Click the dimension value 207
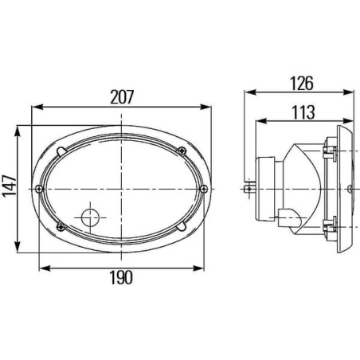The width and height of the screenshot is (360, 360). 122,97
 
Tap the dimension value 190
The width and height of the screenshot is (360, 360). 121,278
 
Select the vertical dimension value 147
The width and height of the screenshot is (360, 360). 10,186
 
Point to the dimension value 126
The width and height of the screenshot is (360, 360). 302,83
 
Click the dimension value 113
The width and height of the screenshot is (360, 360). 303,112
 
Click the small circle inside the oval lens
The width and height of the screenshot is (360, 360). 90,217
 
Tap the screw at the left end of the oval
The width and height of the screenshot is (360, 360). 39,189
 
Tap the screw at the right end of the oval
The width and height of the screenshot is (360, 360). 204,189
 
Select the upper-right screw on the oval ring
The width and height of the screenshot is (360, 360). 182,151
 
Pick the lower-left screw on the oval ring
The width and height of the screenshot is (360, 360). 61,226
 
